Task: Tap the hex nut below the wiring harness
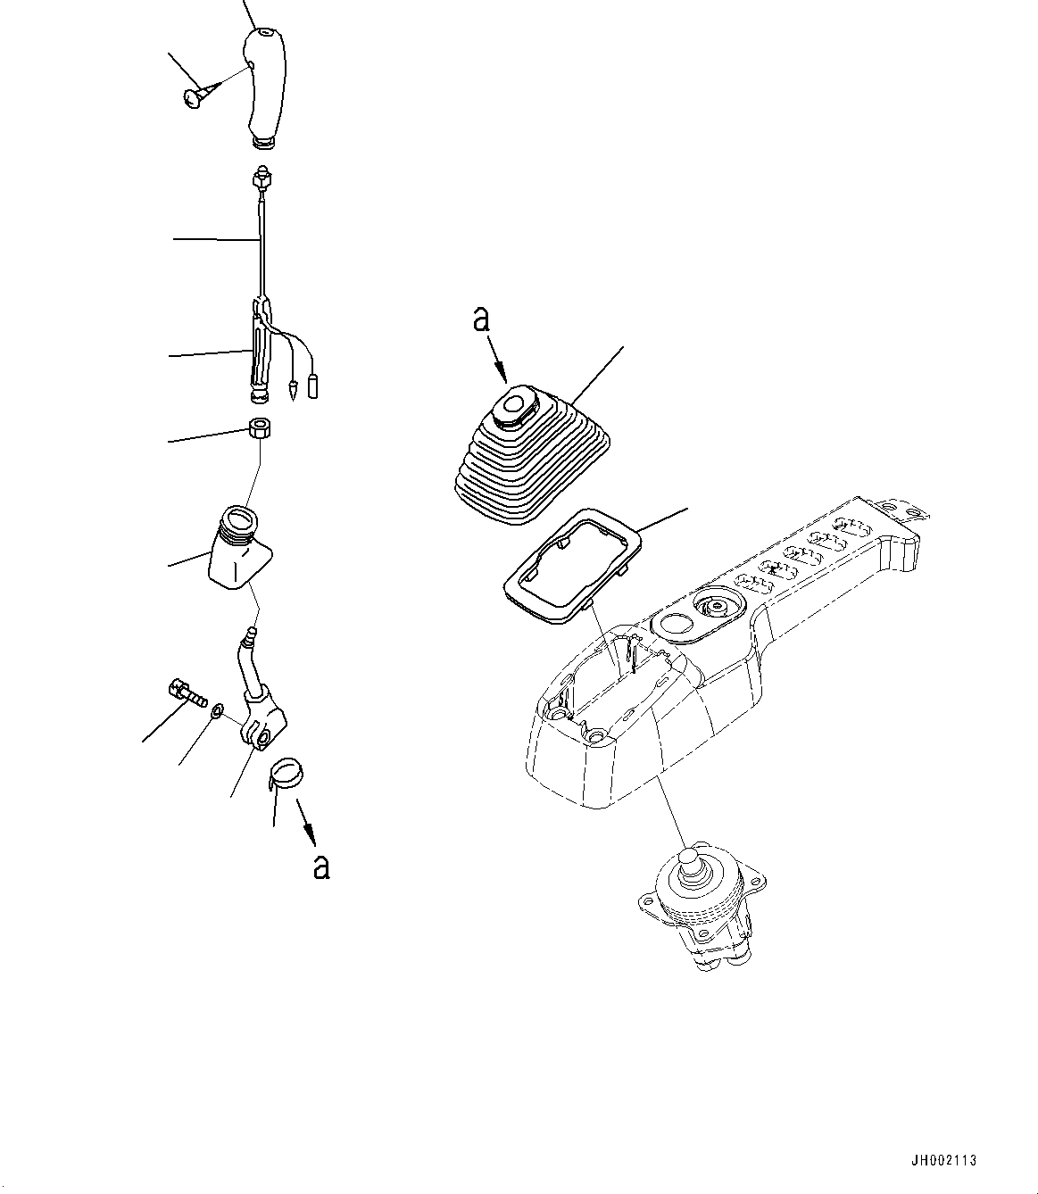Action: click(259, 429)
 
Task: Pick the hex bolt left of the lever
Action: click(185, 692)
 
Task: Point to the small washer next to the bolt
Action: click(217, 711)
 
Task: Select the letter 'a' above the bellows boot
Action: click(482, 319)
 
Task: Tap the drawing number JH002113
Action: click(945, 1160)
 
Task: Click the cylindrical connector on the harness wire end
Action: click(313, 387)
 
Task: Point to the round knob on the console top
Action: click(718, 607)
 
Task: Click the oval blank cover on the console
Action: click(676, 623)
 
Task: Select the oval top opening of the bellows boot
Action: click(511, 406)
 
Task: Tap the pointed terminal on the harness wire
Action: click(292, 390)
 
